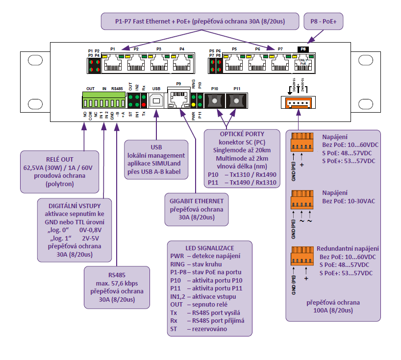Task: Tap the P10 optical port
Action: click(214, 101)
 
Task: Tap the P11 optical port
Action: click(236, 101)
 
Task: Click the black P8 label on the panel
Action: click(303, 49)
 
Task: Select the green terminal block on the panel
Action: click(103, 101)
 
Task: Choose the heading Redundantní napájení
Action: click(348, 249)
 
